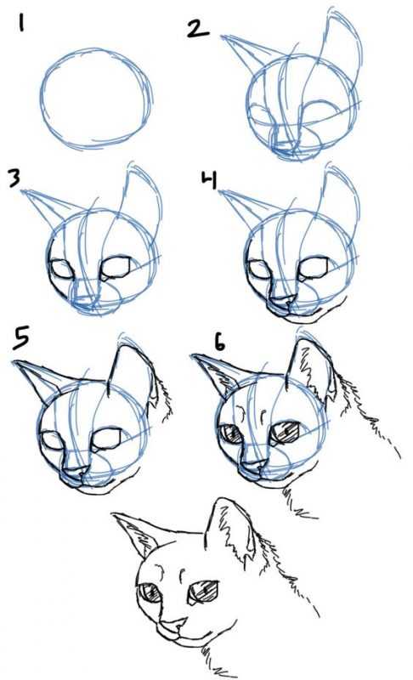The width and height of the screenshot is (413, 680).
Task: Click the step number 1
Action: pos(20,23)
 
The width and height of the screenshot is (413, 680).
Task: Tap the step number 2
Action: pos(198,30)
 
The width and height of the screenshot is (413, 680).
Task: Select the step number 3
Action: pos(14,178)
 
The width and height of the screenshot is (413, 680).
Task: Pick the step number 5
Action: pos(21,337)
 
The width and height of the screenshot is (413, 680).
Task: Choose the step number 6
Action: pos(220,343)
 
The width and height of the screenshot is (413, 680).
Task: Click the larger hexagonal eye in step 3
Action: pos(116,267)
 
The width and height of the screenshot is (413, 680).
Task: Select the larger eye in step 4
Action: pos(313,268)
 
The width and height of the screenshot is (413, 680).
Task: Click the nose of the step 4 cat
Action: pos(282,301)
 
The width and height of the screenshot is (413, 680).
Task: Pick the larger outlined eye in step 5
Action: pos(106,438)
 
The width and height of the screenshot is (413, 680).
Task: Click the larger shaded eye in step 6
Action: pos(286,433)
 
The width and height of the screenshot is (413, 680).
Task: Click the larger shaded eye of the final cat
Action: pos(203,592)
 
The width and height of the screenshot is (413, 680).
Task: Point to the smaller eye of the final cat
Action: pos(149,592)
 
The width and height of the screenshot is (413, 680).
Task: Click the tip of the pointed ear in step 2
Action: pos(222,37)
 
